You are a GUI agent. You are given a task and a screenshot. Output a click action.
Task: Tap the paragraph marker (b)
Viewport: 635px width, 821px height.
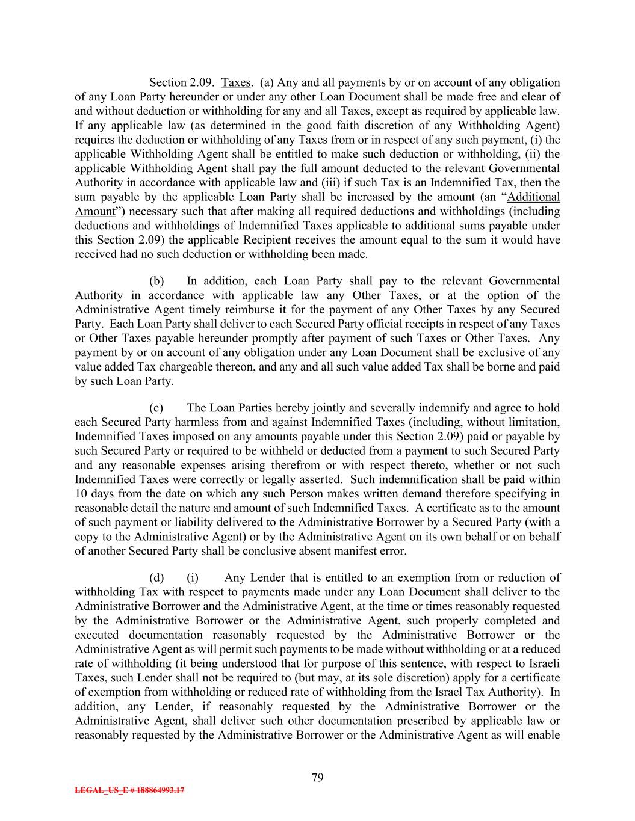156,281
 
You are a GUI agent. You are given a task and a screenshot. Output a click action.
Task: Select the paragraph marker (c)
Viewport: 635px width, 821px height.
156,408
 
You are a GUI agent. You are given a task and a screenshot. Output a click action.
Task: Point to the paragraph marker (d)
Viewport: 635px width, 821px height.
156,578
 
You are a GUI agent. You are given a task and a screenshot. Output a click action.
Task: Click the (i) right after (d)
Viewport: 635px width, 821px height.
193,578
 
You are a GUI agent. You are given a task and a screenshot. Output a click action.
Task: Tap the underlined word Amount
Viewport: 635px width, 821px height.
94,212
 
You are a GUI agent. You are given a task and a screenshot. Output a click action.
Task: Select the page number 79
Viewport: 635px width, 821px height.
318,778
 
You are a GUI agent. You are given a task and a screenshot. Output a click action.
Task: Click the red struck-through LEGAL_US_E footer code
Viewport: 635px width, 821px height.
129,790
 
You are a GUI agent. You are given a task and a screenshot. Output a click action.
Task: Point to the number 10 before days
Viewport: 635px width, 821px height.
81,494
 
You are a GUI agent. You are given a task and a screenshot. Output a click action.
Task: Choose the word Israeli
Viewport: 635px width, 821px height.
541,664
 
